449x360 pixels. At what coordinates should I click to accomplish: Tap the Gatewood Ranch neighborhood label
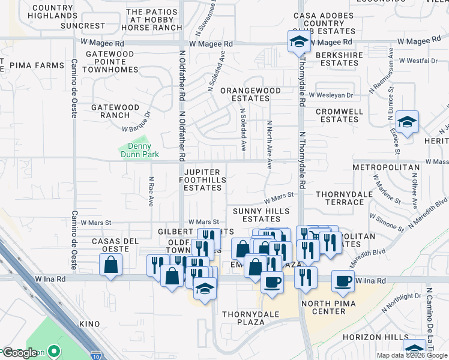coord(115,111)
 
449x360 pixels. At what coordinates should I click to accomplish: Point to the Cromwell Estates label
coord(339,115)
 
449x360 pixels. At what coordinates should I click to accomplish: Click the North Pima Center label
coord(331,307)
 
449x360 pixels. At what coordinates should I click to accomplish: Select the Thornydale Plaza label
coord(243,317)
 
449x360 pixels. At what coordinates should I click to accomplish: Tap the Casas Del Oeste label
coord(110,245)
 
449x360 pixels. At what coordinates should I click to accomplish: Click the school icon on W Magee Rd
coord(298,41)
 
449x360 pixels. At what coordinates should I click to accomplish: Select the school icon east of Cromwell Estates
coord(407,122)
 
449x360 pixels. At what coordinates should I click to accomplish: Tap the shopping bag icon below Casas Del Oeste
coord(111,264)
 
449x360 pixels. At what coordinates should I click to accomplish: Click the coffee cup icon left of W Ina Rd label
coord(343,281)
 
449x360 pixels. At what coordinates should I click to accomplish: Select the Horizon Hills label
coord(367,338)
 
